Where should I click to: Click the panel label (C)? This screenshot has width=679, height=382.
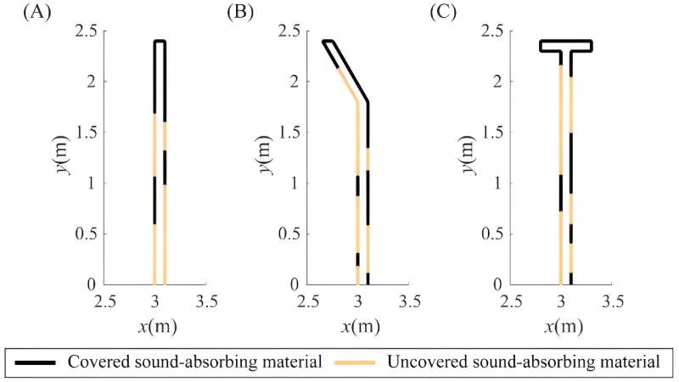(x=441, y=13)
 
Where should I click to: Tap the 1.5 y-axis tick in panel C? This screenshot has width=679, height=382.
(x=494, y=133)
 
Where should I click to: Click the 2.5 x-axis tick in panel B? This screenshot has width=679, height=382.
(x=307, y=301)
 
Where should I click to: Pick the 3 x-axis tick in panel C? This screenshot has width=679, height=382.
(x=561, y=301)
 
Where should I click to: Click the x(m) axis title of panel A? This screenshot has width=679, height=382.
(x=155, y=326)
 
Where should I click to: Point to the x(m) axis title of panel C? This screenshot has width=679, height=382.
(x=561, y=326)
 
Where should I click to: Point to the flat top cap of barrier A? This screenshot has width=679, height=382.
(x=160, y=41)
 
